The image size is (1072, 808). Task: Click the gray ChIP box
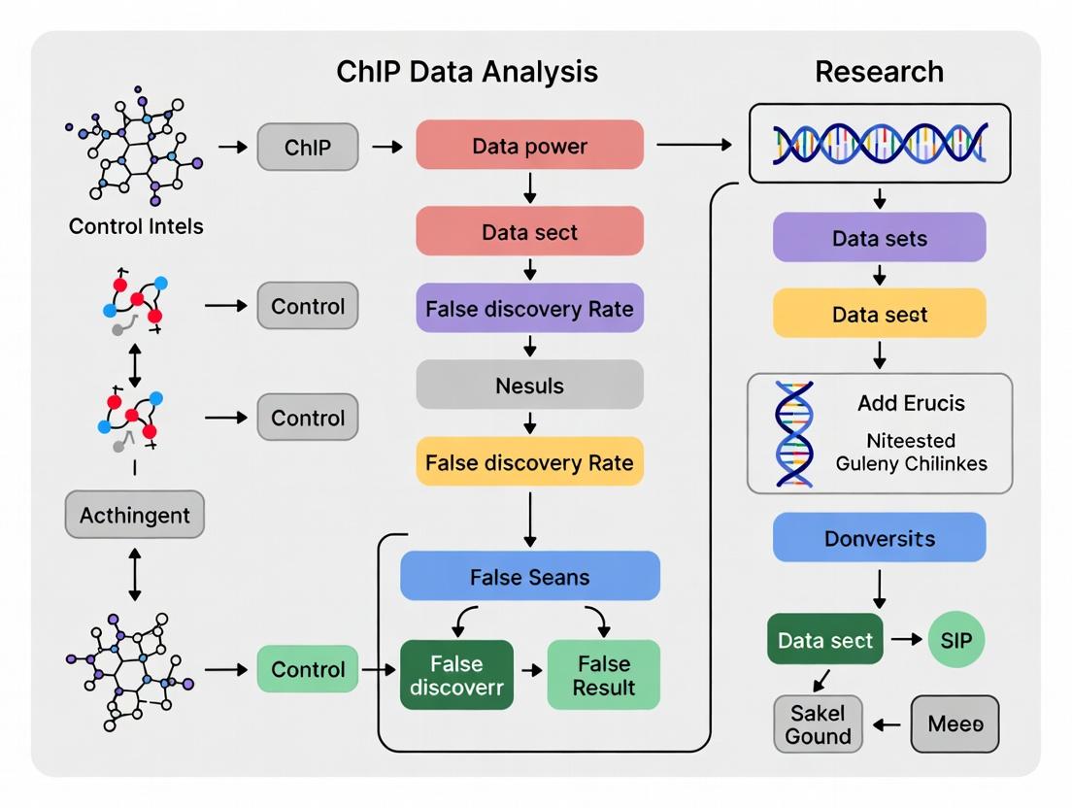pos(308,148)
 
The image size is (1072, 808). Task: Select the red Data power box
pos(529,146)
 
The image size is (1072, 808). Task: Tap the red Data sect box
pos(529,231)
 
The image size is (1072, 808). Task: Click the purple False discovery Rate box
pos(529,308)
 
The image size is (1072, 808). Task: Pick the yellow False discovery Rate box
pos(529,461)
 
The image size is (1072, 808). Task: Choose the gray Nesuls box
pos(529,385)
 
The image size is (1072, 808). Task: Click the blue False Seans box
pos(529,576)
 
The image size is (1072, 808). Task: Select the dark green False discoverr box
pos(456,675)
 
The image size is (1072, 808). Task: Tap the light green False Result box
pos(604,675)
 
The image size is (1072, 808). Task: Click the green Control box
pos(308,669)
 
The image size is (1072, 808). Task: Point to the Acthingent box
pos(135,515)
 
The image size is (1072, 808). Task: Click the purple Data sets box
pos(879,238)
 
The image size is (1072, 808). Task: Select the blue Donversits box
pos(879,537)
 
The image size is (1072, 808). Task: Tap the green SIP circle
pos(955,639)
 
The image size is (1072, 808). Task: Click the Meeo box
pos(955,724)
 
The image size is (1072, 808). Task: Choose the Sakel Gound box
pos(818,724)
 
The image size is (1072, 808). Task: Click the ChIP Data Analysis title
pos(467,72)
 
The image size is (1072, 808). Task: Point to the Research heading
pos(879,72)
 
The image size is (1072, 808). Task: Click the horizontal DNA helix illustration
pos(879,144)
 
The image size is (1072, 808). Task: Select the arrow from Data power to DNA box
pos(694,146)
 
